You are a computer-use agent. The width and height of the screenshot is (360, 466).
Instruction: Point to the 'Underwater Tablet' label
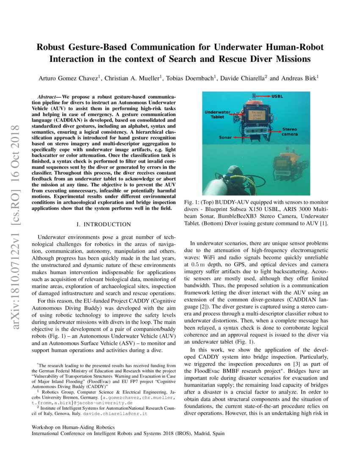[217, 114]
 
